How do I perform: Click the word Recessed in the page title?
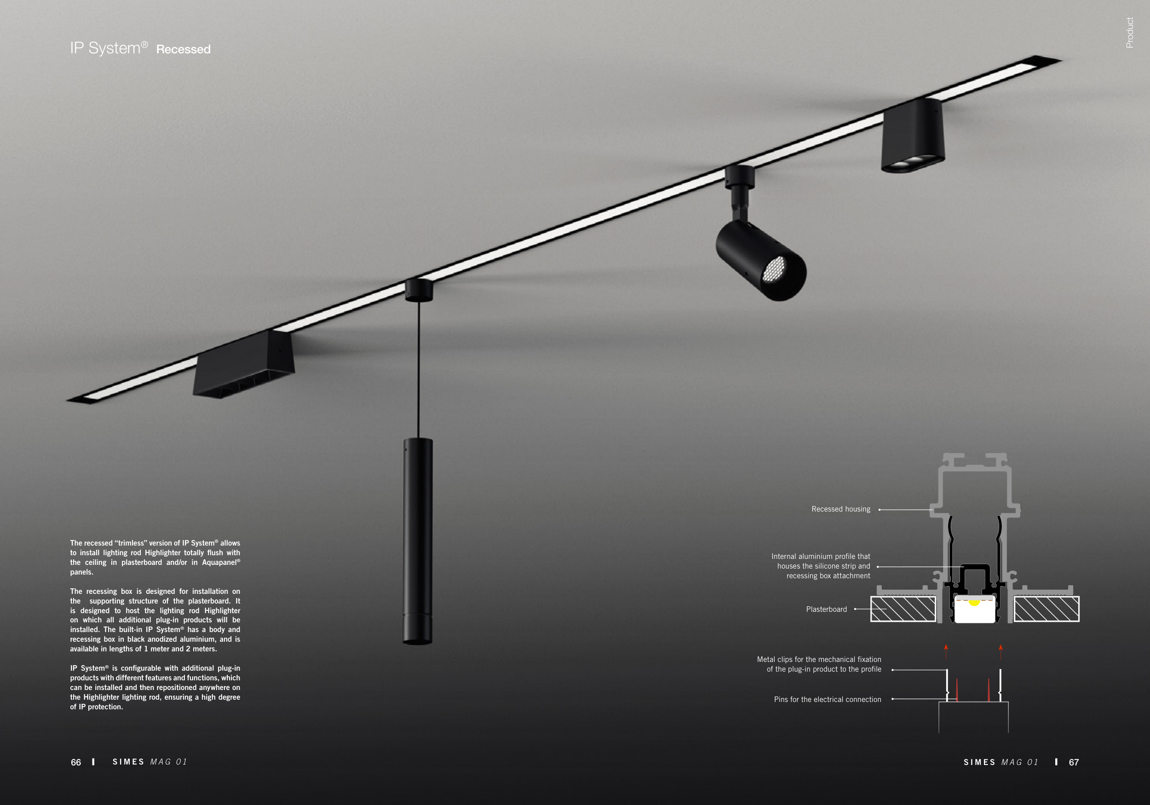click(184, 50)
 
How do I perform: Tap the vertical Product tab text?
click(1129, 33)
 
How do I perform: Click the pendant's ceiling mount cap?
click(419, 291)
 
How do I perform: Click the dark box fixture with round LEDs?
click(913, 136)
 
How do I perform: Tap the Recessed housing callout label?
click(840, 509)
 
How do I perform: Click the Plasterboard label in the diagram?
click(827, 609)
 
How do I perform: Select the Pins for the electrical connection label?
click(828, 700)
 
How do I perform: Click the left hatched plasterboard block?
click(903, 609)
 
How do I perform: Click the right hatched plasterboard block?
click(1046, 609)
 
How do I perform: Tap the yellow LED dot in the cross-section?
click(974, 602)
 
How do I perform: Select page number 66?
click(75, 762)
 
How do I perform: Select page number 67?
click(1074, 762)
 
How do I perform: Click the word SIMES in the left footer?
click(128, 762)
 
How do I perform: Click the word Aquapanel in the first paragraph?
click(219, 563)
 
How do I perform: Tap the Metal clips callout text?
click(819, 664)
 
